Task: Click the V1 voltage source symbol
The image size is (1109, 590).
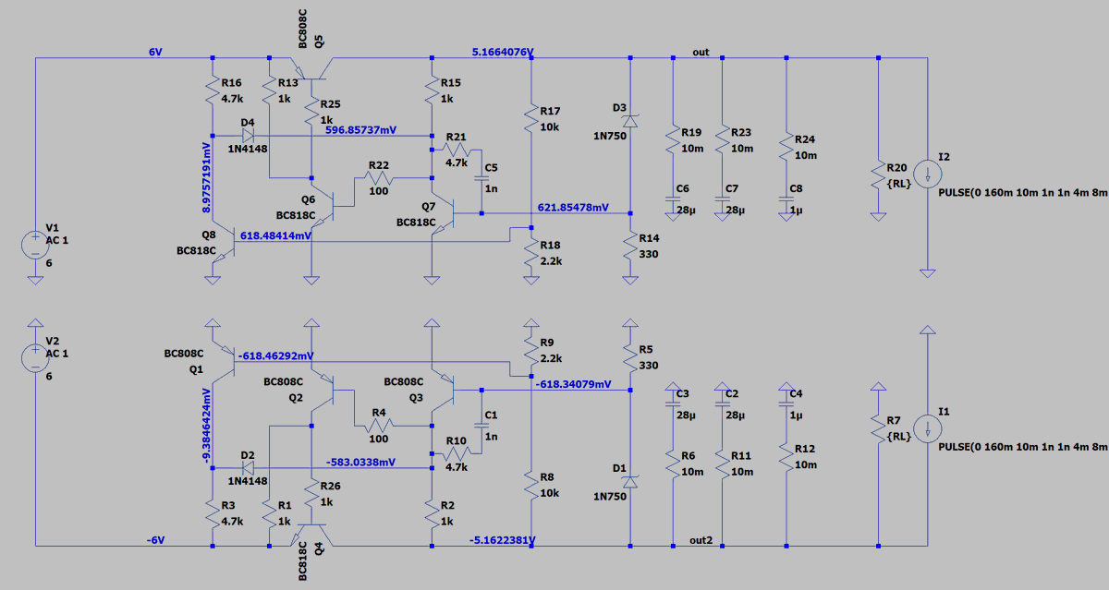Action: pos(35,245)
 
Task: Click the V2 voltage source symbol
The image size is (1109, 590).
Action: pos(35,358)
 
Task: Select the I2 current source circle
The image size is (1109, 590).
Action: pos(927,175)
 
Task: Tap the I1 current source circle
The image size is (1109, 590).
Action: pos(927,428)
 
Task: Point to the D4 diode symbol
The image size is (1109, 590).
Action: pos(248,136)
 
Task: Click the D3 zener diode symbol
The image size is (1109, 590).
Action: pos(629,121)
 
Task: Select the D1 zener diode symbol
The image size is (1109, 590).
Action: pos(629,482)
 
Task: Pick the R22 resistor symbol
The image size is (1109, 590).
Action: pos(379,178)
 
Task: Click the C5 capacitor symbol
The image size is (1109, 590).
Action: pos(481,178)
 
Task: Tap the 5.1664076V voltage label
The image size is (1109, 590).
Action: pos(503,52)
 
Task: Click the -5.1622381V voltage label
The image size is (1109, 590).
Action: pos(503,540)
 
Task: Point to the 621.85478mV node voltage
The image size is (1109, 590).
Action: pos(573,207)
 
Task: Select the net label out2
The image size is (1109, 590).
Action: pos(701,540)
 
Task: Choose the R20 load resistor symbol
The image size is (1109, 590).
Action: pos(878,176)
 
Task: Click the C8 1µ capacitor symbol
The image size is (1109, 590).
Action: pos(786,199)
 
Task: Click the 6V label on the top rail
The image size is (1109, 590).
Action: pos(155,52)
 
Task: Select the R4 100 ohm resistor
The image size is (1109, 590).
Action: pos(379,426)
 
